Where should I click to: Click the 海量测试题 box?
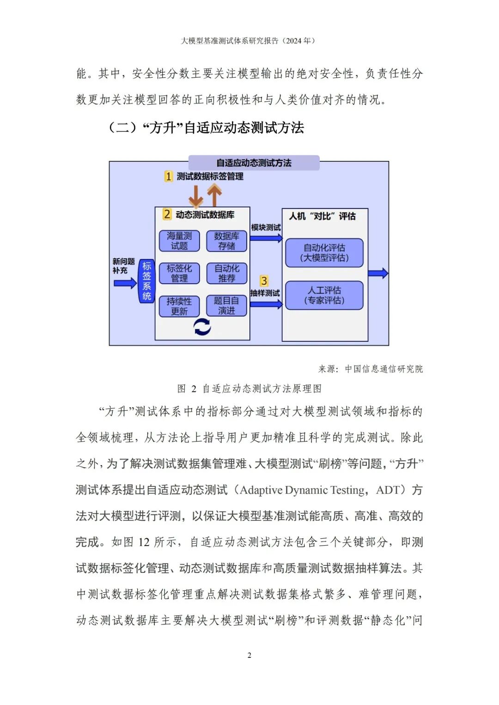click(x=179, y=241)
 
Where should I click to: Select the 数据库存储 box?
click(x=226, y=241)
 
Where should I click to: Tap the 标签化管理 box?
click(x=179, y=273)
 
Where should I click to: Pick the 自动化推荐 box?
click(x=226, y=273)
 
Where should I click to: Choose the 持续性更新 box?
click(x=179, y=306)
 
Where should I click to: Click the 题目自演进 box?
click(x=226, y=306)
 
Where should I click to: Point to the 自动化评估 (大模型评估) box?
click(x=324, y=253)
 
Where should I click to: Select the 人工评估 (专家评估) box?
click(x=324, y=295)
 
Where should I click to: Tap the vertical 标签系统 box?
click(x=146, y=281)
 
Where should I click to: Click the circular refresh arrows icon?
click(x=202, y=327)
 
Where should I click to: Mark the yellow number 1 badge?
click(x=169, y=176)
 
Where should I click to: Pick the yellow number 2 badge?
click(x=167, y=214)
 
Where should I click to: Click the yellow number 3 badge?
click(x=264, y=281)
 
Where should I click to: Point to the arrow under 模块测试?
click(x=266, y=238)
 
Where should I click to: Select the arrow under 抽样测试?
click(x=266, y=304)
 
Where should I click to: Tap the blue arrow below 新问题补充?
click(x=125, y=282)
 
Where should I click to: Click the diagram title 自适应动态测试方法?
click(x=254, y=163)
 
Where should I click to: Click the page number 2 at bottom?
click(x=249, y=655)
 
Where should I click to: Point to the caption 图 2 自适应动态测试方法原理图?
click(x=249, y=389)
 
